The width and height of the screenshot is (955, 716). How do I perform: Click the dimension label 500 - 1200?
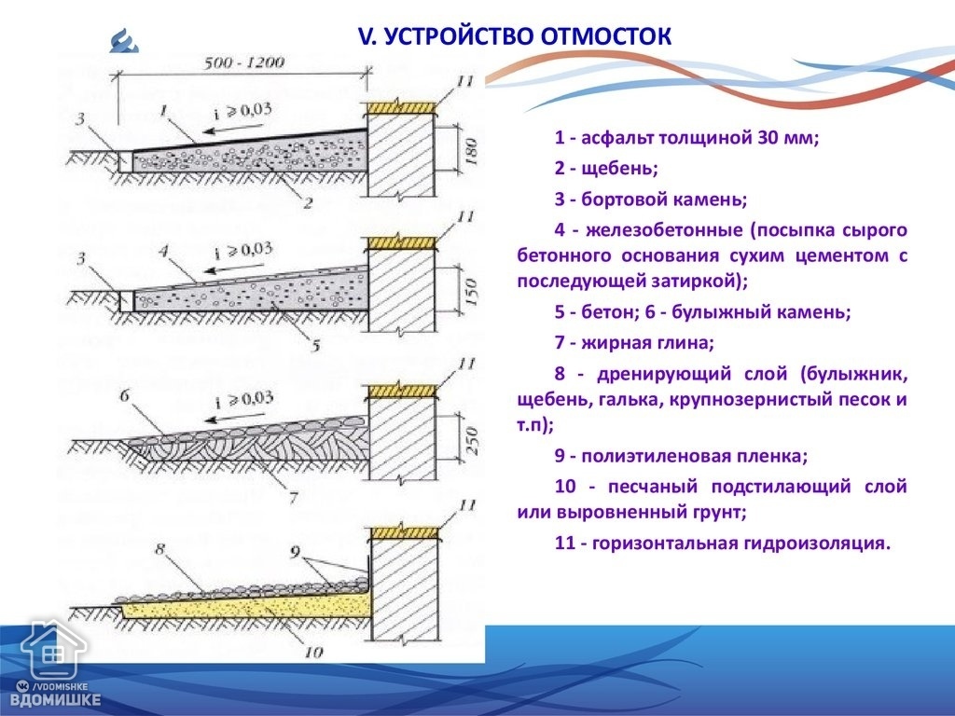click(x=243, y=62)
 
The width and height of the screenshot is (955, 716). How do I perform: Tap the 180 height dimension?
click(x=470, y=151)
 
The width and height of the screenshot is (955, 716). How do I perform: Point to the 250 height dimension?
click(x=471, y=441)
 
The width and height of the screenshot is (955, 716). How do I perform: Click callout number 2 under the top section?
click(x=308, y=202)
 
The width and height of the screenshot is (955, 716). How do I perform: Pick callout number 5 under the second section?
click(x=315, y=346)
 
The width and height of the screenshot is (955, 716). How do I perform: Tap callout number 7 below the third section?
click(x=294, y=498)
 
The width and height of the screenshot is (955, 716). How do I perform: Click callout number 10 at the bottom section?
click(x=313, y=653)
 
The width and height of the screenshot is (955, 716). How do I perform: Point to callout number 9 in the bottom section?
click(x=295, y=552)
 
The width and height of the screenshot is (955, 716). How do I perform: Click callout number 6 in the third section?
click(x=124, y=396)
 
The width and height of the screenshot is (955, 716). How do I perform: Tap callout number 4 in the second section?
click(x=163, y=251)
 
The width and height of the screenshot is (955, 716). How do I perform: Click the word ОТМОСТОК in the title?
click(x=605, y=36)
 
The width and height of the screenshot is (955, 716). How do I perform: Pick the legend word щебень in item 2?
click(x=619, y=169)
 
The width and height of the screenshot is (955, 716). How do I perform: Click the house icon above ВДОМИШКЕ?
click(x=52, y=649)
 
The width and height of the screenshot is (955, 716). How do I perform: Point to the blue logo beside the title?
click(x=124, y=41)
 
